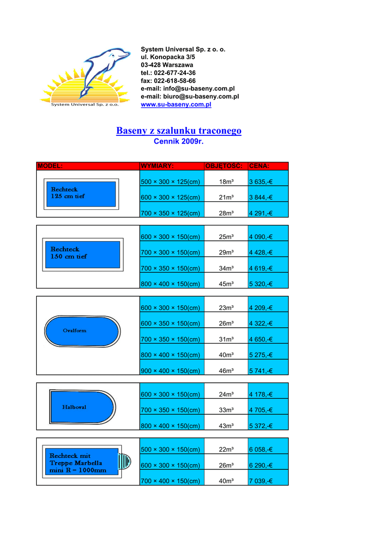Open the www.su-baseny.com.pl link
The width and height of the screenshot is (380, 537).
point(176,105)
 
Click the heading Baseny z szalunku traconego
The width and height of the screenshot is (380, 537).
point(178,131)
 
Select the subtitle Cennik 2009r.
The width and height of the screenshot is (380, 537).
point(178,142)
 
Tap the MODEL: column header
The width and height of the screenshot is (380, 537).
point(50,166)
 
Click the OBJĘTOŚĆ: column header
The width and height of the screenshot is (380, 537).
point(225,166)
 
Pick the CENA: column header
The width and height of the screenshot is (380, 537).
point(259,166)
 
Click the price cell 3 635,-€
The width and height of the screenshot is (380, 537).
point(261,182)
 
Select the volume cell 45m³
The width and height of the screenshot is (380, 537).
point(226,284)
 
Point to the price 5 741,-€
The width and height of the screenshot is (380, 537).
point(261,371)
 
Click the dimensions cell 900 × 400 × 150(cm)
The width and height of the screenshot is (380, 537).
point(171,371)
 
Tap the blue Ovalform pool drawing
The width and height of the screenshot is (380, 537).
point(82,331)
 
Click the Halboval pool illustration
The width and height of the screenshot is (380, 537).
point(81,407)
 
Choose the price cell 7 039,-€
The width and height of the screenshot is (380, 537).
point(261,481)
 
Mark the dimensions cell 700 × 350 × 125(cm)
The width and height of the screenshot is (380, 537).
point(171,213)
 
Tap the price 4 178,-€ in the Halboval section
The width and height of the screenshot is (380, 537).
point(261,394)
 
